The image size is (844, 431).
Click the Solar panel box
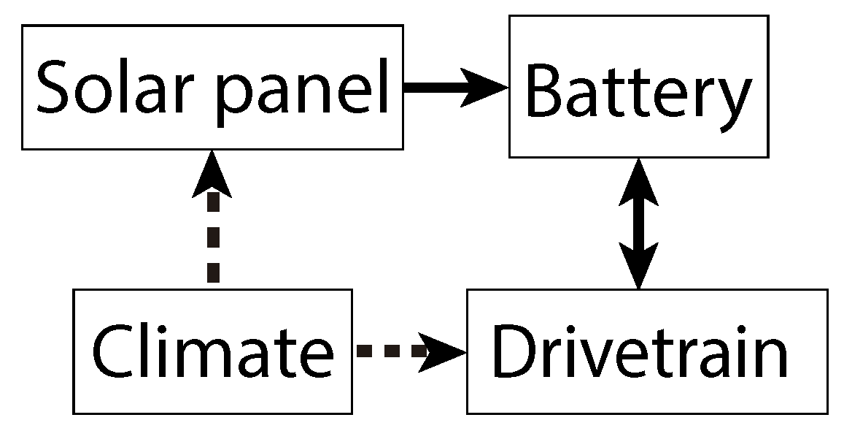[212, 87]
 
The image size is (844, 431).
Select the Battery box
[639, 86]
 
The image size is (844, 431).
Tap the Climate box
[212, 351]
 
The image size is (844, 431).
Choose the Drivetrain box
[647, 351]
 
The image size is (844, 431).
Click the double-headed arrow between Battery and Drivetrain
[639, 223]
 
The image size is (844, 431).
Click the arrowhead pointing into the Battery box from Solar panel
[485, 87]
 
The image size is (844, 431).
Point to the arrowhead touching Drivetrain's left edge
[445, 351]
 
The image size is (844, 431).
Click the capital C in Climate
[116, 353]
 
